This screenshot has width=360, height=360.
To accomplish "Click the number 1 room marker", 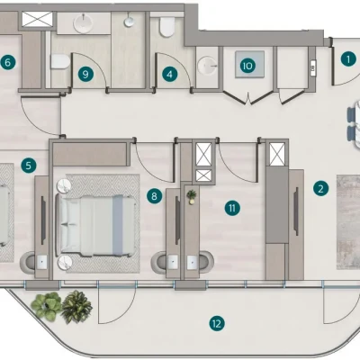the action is pos(348,59).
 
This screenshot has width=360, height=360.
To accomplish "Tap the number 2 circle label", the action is pos(320,189).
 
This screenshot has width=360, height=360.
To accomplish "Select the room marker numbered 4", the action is pos(170,74).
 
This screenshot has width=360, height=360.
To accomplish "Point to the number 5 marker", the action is pos(29,166).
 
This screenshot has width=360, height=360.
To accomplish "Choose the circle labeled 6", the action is pos(8,63).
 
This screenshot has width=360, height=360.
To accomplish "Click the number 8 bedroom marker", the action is pos(154,196).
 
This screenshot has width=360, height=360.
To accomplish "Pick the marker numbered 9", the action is pos(85,74).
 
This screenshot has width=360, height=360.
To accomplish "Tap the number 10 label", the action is pos(247,66).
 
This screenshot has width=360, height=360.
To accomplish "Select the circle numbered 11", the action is pos(232,208).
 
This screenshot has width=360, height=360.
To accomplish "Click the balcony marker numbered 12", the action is pos(217,323).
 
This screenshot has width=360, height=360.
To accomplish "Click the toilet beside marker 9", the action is pos(60,61).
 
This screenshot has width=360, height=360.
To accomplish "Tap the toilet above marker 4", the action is pos(167,27).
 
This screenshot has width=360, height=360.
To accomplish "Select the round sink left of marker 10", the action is pos(207,65).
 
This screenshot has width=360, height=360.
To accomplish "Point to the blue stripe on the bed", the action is pos(118,225).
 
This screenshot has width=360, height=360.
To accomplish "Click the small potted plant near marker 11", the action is pos(191,195).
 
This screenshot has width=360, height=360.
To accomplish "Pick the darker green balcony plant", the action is pos(76,306).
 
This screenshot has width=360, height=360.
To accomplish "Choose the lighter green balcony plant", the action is pos(47,306).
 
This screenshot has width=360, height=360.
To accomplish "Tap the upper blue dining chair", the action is pos(351,115).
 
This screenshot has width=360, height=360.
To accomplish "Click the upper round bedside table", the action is pos(64,186).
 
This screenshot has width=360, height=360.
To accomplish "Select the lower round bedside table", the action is pos(66,263).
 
